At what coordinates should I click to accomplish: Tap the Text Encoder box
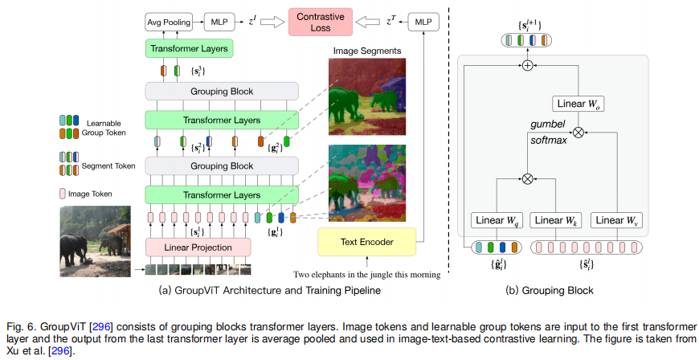point(367,240)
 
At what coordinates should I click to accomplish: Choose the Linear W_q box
point(498,220)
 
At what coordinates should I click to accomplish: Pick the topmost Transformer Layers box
point(189,49)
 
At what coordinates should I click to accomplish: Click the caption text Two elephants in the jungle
point(367,274)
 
